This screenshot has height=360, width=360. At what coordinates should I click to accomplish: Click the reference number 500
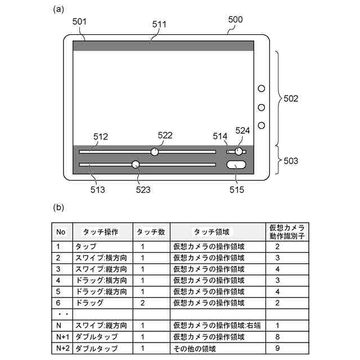coord(235,19)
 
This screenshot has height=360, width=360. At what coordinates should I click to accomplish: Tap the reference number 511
coord(160,25)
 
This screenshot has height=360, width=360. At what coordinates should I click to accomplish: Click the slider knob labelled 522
coord(155,151)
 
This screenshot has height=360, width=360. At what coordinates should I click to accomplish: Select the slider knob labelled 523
coord(136,164)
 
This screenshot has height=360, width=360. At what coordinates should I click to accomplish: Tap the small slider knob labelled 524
coord(239,151)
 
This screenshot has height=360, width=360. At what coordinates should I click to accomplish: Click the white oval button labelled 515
coord(237,165)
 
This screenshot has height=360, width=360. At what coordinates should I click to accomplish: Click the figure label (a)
coord(58,9)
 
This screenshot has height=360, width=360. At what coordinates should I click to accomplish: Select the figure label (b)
coord(58,206)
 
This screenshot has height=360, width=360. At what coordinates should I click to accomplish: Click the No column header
coord(61,232)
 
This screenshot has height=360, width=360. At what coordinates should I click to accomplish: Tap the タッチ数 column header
coord(151,232)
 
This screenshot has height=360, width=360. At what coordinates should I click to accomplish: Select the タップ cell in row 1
coord(85,246)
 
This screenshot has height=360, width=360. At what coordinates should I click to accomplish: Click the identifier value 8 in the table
coord(277,336)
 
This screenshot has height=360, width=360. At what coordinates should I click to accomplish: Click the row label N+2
coord(62,348)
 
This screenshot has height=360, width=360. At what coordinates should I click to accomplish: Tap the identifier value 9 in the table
coord(277,348)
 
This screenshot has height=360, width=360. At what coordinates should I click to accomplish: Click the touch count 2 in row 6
coord(143,303)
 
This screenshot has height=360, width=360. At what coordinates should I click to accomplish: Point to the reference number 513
coord(97,190)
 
